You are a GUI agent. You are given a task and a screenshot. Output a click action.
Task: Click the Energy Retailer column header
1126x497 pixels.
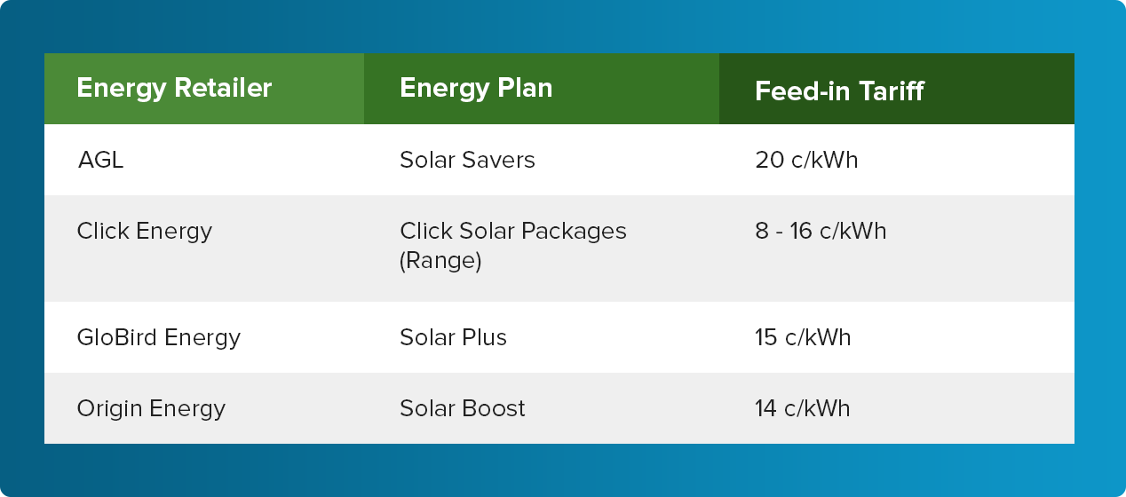click(x=174, y=89)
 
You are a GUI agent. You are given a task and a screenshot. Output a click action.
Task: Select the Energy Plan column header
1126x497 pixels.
click(x=476, y=89)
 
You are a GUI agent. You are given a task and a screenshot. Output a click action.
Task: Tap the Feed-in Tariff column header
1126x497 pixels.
click(x=839, y=91)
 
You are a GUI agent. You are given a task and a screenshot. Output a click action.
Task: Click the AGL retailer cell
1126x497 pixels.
click(x=100, y=161)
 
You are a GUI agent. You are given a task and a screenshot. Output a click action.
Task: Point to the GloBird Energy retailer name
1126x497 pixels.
click(x=158, y=338)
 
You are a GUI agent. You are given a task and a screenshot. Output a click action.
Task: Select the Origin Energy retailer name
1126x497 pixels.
click(x=151, y=409)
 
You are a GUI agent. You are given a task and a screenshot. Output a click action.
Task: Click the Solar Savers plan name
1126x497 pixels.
click(x=467, y=161)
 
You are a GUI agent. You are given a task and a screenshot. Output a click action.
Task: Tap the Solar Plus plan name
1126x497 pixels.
click(x=453, y=338)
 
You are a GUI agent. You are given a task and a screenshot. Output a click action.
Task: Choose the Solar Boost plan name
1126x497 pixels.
click(x=462, y=408)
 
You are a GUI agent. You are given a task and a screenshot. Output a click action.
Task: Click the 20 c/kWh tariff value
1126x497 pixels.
click(x=806, y=161)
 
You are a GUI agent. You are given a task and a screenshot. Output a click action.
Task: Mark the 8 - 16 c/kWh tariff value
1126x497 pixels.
click(x=821, y=231)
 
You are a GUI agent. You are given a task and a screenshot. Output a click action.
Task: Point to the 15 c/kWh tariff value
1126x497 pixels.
click(x=803, y=338)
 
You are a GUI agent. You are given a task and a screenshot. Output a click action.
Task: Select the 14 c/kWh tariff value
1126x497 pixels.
click(x=802, y=408)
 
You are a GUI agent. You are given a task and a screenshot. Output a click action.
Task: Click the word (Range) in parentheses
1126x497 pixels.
click(x=440, y=261)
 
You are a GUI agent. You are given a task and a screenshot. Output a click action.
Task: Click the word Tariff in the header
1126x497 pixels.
click(x=892, y=91)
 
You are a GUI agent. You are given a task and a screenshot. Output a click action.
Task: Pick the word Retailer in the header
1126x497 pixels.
click(x=223, y=88)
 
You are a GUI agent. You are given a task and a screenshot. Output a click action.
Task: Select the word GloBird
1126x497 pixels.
click(x=117, y=338)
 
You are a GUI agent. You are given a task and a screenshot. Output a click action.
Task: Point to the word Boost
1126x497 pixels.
click(x=494, y=408)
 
